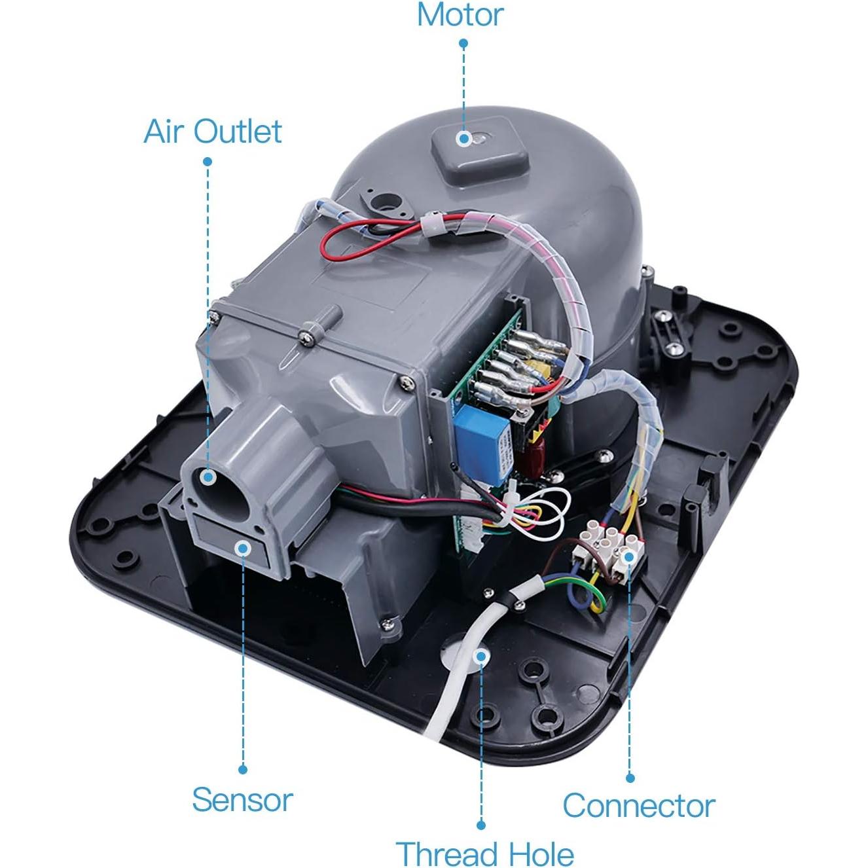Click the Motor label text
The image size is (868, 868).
tap(460, 15)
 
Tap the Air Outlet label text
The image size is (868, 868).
tap(213, 132)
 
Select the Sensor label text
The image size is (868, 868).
tap(242, 800)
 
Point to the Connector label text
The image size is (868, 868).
tap(638, 805)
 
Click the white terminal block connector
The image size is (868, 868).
tap(606, 543)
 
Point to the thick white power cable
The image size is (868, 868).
tap(458, 681)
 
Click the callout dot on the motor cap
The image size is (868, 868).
tap(464, 138)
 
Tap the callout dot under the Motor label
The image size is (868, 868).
tap(463, 43)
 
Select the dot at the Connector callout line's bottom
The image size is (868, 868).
tap(630, 778)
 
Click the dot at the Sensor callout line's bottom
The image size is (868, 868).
tap(243, 770)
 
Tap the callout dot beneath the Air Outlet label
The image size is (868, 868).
tap(208, 161)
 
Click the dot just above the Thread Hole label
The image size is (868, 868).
tap(481, 825)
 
